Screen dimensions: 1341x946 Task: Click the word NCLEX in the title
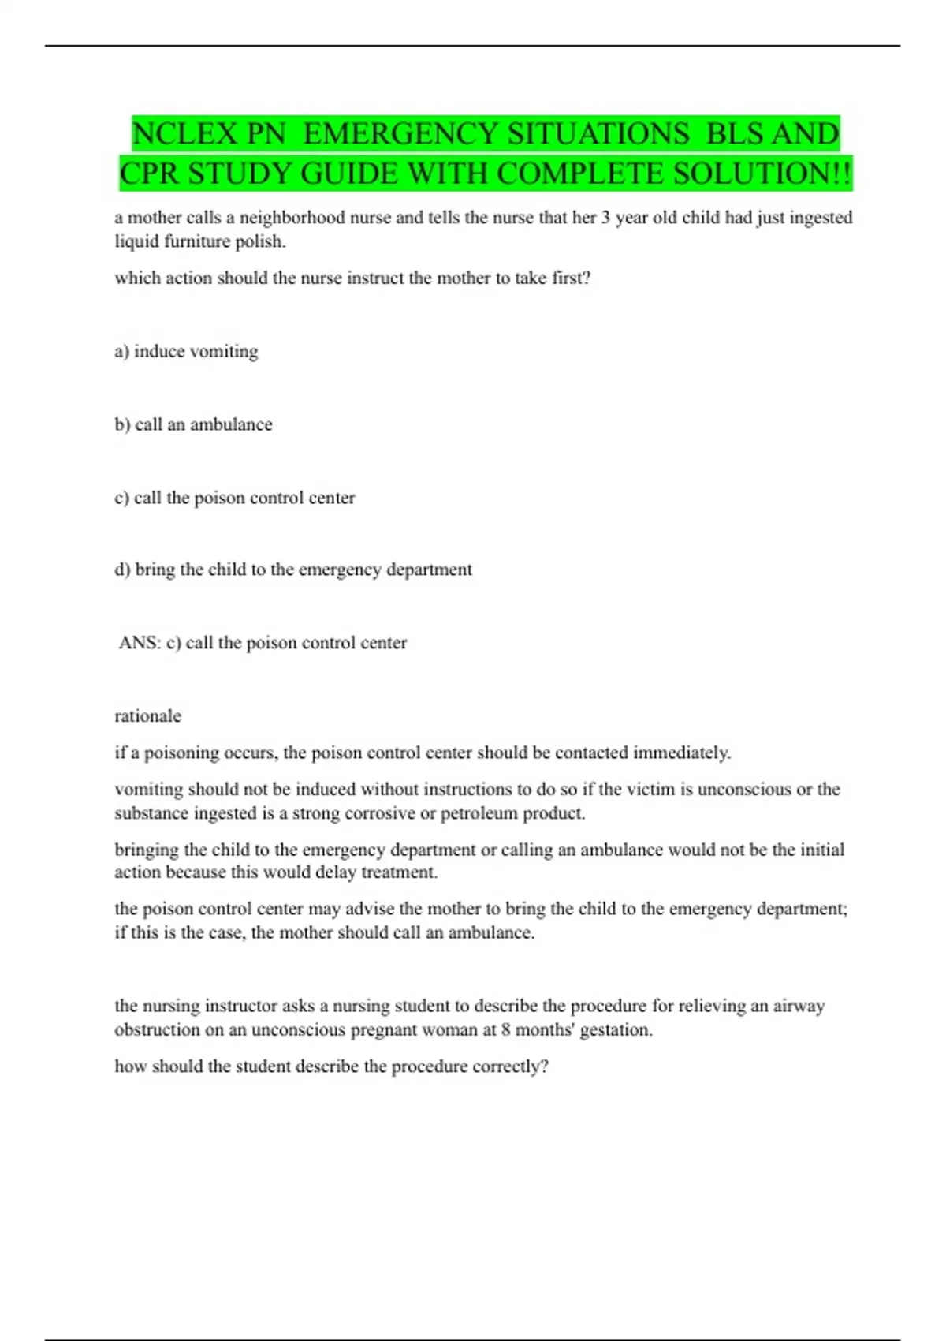point(184,133)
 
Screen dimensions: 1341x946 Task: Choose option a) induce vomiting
point(186,351)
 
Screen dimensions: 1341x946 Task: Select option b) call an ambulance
point(193,424)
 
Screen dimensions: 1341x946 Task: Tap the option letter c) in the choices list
point(122,498)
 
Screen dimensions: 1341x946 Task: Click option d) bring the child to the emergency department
point(293,570)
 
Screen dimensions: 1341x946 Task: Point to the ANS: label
point(140,643)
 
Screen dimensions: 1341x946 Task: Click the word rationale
point(147,716)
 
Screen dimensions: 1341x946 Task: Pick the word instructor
point(240,1006)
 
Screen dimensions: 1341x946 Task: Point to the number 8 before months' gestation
point(505,1029)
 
